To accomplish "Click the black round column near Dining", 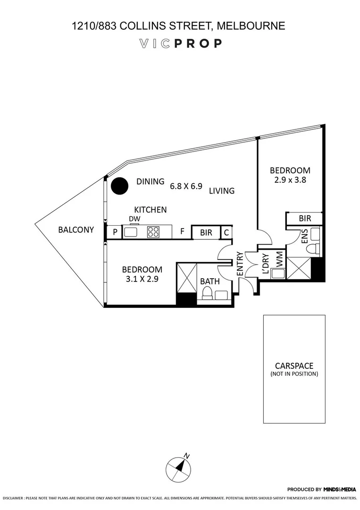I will [119, 186].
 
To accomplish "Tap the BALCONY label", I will [76, 230].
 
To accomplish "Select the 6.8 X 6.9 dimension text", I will [186, 186].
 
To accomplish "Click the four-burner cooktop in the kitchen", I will [153, 232].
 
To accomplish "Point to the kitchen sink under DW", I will [131, 232].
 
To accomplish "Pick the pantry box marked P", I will [114, 232].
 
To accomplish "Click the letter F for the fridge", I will [182, 232].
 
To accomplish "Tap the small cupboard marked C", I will [226, 232].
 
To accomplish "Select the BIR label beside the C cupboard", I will [206, 232].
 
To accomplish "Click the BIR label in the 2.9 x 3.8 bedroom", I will [305, 219].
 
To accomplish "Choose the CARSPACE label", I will [294, 365].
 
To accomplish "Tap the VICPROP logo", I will [180, 43].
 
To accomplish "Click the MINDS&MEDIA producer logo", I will [339, 490].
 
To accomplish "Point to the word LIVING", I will [222, 191].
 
